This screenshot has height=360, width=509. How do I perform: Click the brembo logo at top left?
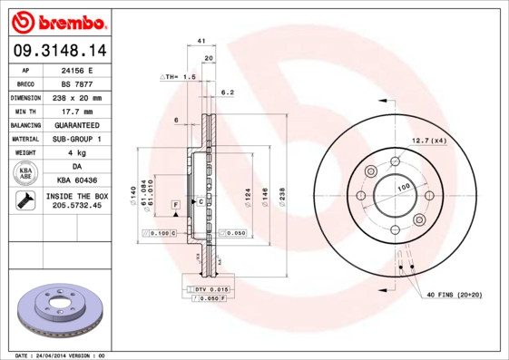tap(59, 20)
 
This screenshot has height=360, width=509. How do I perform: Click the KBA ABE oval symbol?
tap(26, 174)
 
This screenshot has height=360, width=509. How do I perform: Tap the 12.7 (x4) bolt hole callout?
tap(429, 141)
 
